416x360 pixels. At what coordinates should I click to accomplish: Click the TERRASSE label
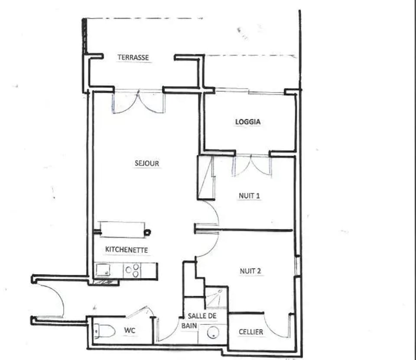point(133,57)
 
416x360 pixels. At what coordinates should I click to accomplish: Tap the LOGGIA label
point(248,122)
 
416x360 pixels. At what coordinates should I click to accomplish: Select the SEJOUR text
point(147,163)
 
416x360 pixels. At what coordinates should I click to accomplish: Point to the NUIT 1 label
point(250,196)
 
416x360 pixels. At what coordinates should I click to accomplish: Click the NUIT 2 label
point(250,271)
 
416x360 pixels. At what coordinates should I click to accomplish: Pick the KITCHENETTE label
point(127,249)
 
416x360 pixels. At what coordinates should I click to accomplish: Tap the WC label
point(130,331)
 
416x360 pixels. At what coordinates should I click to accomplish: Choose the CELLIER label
point(251,332)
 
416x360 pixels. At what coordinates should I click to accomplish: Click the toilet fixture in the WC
point(104,331)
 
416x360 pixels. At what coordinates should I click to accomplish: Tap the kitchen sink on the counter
point(103,270)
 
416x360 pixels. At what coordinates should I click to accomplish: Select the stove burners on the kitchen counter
point(133,271)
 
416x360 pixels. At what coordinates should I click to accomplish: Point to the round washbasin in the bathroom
point(213,333)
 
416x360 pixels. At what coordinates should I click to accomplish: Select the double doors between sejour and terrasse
point(139,102)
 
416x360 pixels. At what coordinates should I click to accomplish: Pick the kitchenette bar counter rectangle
point(122,229)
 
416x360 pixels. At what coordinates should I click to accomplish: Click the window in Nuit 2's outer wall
point(298,266)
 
